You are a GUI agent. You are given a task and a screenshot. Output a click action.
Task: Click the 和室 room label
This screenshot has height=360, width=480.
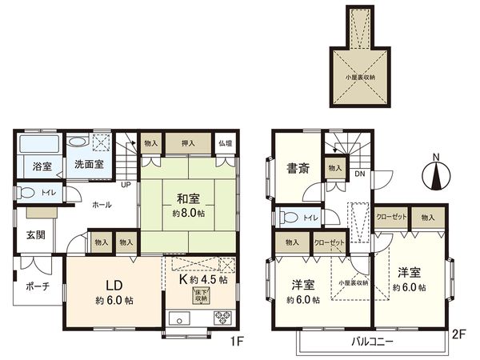tap(188, 198)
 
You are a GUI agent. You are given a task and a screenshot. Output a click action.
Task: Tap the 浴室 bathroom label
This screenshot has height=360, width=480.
tap(42, 166)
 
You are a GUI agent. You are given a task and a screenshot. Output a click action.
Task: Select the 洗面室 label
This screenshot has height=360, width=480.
tap(89, 164)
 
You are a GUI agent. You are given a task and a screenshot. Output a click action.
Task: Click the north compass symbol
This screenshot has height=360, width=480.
tap(436, 174)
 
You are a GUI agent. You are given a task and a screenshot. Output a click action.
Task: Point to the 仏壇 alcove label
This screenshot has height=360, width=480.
tap(226, 144)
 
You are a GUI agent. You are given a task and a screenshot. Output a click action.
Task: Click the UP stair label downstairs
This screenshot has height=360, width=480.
tap(126, 185)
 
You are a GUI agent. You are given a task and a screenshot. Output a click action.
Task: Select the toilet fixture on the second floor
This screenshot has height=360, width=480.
tap(287, 217)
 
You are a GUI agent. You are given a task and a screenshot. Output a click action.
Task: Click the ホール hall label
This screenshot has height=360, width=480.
tap(101, 205)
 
